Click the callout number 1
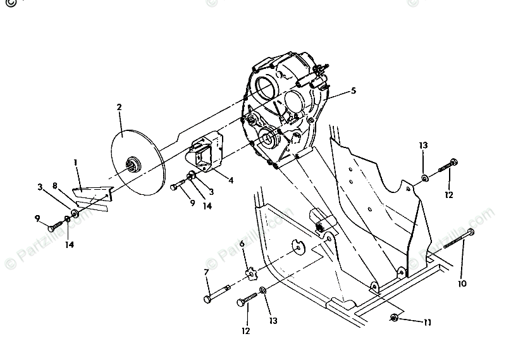tap(75, 163)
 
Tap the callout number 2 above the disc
tap(118, 107)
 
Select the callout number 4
tap(231, 180)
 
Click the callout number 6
tap(242, 244)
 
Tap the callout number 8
tap(56, 186)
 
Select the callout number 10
tap(462, 284)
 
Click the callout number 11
tap(428, 323)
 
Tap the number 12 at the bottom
tap(245, 330)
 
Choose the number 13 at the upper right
tap(423, 145)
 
